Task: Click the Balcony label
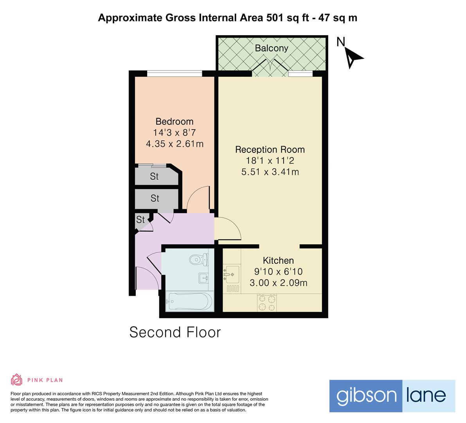[x=271, y=48]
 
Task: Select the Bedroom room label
[x=175, y=121]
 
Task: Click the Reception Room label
[x=270, y=149]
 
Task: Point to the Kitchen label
[x=278, y=260]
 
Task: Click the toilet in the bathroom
[x=199, y=259]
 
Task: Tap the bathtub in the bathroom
[x=189, y=301]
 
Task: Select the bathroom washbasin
[x=203, y=278]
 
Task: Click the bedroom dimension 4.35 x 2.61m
[x=175, y=144]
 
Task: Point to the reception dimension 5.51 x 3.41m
[x=270, y=172]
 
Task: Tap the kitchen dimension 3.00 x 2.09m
[x=278, y=282]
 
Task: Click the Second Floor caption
[x=175, y=332]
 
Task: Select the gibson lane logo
[x=392, y=396]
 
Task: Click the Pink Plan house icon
[x=17, y=380]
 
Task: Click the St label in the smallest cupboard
[x=140, y=220]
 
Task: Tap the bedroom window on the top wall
[x=175, y=73]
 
